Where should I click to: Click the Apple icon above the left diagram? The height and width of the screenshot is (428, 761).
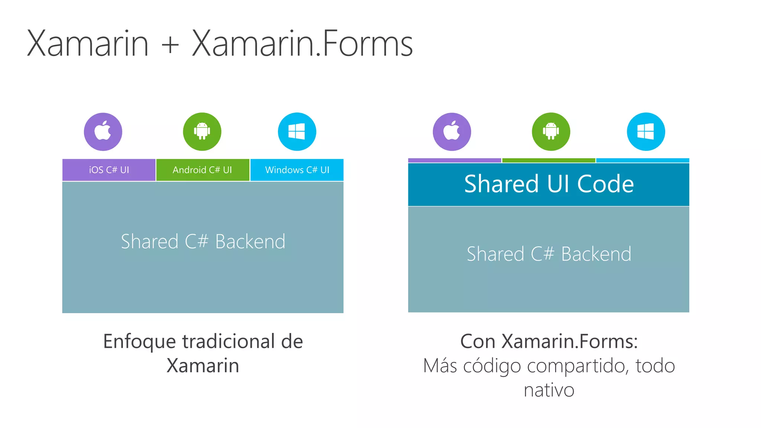[103, 132]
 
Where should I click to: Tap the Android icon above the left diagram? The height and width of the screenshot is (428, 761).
[202, 132]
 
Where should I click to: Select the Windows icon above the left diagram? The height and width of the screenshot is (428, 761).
[297, 132]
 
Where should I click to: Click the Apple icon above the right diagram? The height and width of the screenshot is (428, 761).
[452, 132]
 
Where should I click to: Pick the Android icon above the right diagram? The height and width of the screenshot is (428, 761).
[551, 132]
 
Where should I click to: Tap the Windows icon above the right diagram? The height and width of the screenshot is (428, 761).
[646, 132]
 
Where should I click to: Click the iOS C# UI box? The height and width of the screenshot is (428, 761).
[109, 170]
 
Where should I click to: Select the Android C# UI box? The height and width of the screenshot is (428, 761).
[203, 170]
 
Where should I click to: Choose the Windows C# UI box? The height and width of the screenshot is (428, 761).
[297, 170]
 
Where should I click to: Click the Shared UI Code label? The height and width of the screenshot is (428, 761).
[549, 184]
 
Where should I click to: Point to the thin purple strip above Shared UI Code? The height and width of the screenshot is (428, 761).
[454, 160]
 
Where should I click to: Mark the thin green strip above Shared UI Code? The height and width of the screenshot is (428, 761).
[548, 160]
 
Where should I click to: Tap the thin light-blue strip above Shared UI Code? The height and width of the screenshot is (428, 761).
[642, 160]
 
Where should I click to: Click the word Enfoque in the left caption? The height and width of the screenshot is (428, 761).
[139, 342]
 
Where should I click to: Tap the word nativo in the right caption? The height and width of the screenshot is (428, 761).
[549, 390]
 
